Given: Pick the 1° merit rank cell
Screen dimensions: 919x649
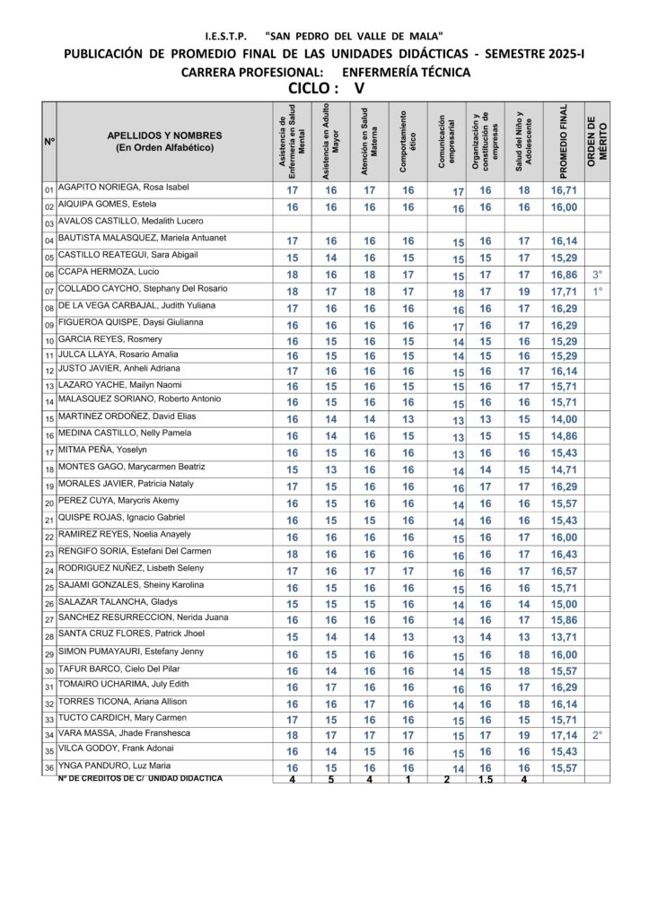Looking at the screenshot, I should click(598, 292).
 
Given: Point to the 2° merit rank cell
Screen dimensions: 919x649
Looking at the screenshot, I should click(598, 735).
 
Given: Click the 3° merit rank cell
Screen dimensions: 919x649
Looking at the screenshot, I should click(598, 275).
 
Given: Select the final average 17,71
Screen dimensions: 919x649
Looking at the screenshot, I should click(564, 292).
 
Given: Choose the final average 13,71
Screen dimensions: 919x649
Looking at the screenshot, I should click(564, 637).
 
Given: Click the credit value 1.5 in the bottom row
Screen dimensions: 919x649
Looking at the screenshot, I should click(485, 779).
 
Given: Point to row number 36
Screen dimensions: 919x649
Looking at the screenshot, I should click(49, 768).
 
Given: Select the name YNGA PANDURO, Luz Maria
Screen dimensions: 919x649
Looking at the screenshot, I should click(114, 766).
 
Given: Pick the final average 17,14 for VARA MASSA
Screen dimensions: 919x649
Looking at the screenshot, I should click(564, 735).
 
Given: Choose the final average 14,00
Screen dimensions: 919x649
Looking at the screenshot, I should click(564, 419).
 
